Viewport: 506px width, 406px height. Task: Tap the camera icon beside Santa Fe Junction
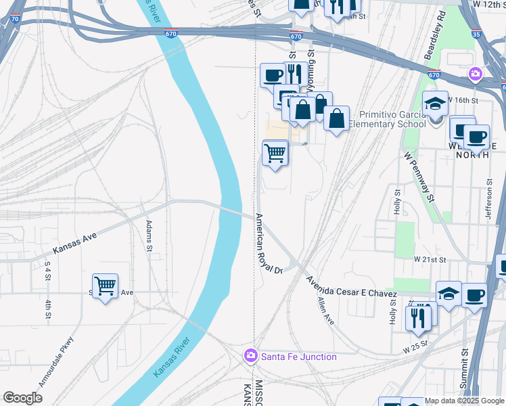(251, 356)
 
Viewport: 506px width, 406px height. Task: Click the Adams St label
(149, 235)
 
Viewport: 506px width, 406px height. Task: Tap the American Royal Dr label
(268, 244)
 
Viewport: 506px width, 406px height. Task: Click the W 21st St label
(431, 259)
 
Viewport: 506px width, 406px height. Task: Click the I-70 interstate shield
(16, 20)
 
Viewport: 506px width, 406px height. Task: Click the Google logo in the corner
(22, 398)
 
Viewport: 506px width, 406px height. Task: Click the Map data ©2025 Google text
(464, 401)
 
